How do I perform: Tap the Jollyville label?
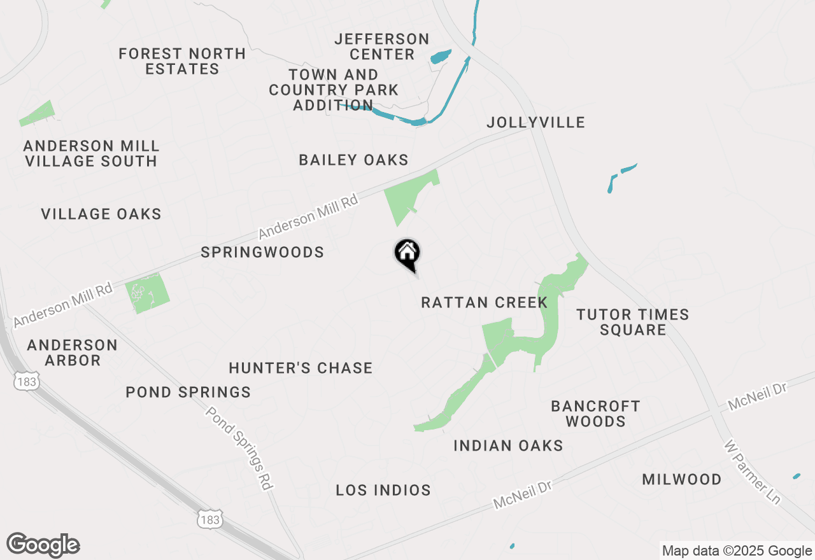(535, 122)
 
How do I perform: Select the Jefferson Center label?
(382, 47)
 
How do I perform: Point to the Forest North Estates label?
(182, 61)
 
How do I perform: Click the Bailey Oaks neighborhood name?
(353, 160)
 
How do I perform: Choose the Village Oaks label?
(101, 214)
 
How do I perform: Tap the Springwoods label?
(262, 253)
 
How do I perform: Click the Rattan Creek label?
(484, 302)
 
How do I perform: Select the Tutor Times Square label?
(632, 322)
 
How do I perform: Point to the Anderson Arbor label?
(73, 353)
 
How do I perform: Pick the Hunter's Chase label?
(301, 368)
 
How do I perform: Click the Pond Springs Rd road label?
(239, 448)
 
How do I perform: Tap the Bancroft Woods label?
(595, 414)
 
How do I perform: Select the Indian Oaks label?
(508, 445)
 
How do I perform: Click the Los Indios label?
(383, 490)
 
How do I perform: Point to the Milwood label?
(681, 479)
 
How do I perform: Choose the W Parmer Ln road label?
(753, 471)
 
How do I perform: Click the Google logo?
(43, 545)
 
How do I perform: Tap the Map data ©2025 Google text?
(737, 551)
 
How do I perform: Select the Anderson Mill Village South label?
(90, 154)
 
